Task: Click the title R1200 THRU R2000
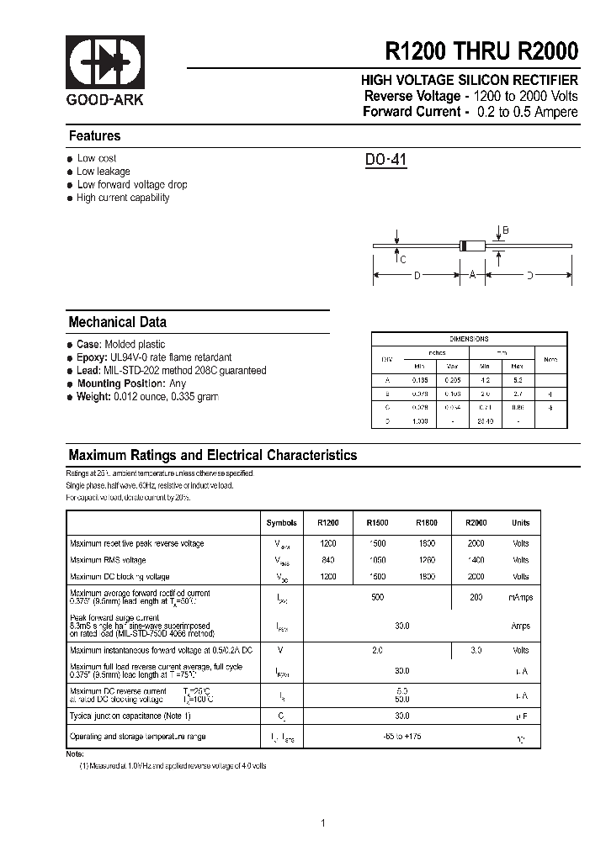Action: (481, 51)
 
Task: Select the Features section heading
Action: (94, 136)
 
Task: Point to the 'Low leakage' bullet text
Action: (104, 172)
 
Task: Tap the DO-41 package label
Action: (385, 160)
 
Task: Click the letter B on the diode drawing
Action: (506, 230)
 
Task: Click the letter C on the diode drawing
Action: (403, 259)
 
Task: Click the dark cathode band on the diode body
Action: (462, 246)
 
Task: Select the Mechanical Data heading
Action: (117, 322)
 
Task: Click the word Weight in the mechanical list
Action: (93, 397)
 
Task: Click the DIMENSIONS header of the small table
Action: (469, 339)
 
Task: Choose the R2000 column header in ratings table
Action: (476, 523)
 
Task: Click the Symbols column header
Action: (281, 523)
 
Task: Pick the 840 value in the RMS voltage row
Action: (327, 560)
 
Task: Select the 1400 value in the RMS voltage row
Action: (476, 560)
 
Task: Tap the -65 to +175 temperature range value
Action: (402, 737)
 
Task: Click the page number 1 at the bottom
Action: (322, 822)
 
